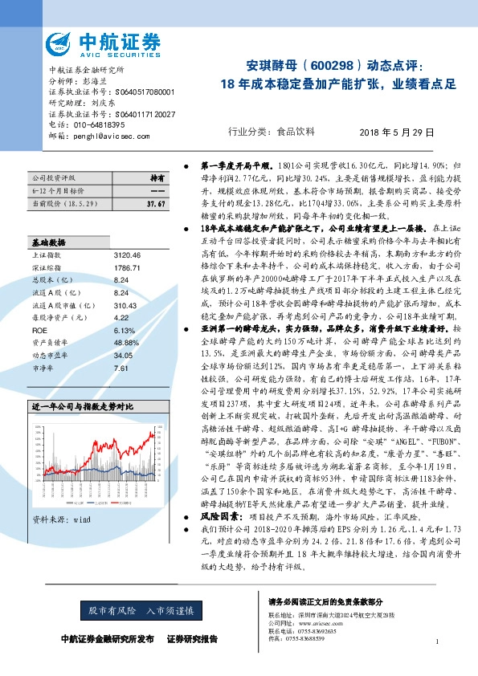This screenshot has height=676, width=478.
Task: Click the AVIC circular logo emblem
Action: click(62, 42)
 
